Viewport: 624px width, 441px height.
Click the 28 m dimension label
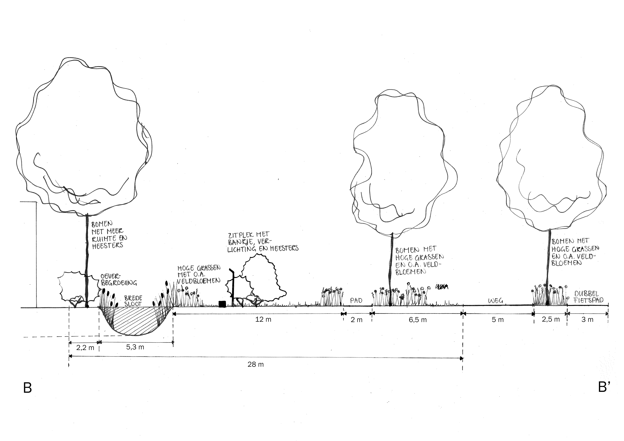pyautogui.click(x=255, y=364)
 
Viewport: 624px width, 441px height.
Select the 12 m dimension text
pyautogui.click(x=263, y=320)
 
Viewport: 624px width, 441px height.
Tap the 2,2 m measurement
pyautogui.click(x=85, y=348)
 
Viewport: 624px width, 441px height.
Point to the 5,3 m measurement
pyautogui.click(x=135, y=347)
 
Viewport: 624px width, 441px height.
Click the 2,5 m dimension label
pyautogui.click(x=551, y=320)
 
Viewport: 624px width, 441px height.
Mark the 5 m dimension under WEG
pyautogui.click(x=498, y=320)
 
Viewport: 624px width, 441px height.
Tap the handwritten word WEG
pyautogui.click(x=496, y=301)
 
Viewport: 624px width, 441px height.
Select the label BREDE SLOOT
pyautogui.click(x=133, y=301)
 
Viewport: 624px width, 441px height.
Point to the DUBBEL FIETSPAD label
pyautogui.click(x=589, y=297)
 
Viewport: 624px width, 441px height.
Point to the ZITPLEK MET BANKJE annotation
pyautogui.click(x=263, y=242)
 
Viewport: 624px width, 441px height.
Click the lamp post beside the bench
pyautogui.click(x=233, y=288)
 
